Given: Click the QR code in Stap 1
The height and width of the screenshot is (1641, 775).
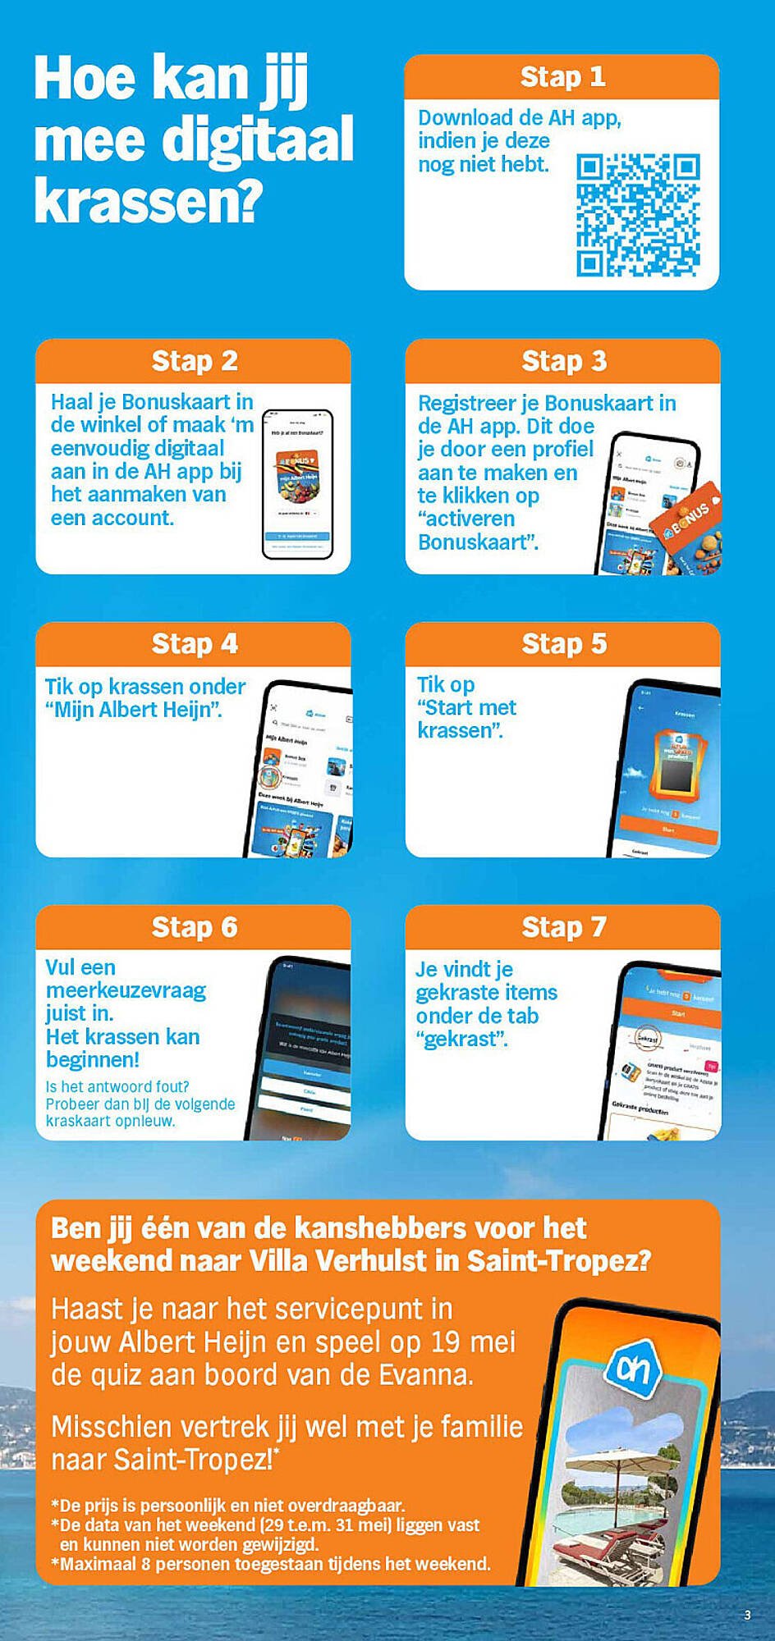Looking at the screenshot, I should [x=638, y=215].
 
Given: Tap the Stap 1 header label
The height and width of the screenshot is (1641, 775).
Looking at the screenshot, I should [x=562, y=77].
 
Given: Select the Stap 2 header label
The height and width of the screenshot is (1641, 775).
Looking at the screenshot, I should [x=194, y=361].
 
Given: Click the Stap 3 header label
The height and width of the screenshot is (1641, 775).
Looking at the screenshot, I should [x=563, y=361].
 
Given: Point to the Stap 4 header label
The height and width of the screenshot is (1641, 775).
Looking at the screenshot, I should [x=194, y=644].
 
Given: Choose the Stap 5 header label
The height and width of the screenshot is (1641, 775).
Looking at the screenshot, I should [x=563, y=644].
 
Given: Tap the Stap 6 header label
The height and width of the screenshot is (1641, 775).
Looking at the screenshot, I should [x=194, y=927].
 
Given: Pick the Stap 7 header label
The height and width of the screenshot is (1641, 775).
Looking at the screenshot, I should [x=563, y=927].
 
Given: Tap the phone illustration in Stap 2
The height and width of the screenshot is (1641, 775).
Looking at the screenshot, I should [x=297, y=484].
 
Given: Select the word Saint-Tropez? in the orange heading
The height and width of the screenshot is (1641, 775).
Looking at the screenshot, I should [x=558, y=1260].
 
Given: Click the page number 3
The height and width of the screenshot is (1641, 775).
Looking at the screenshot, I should [x=747, y=1615].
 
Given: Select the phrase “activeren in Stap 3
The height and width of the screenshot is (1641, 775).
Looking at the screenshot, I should [x=466, y=519].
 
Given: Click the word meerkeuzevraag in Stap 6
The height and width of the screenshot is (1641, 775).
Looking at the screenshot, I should [x=126, y=990].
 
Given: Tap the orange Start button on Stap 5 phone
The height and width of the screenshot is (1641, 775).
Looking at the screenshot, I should [x=668, y=830].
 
